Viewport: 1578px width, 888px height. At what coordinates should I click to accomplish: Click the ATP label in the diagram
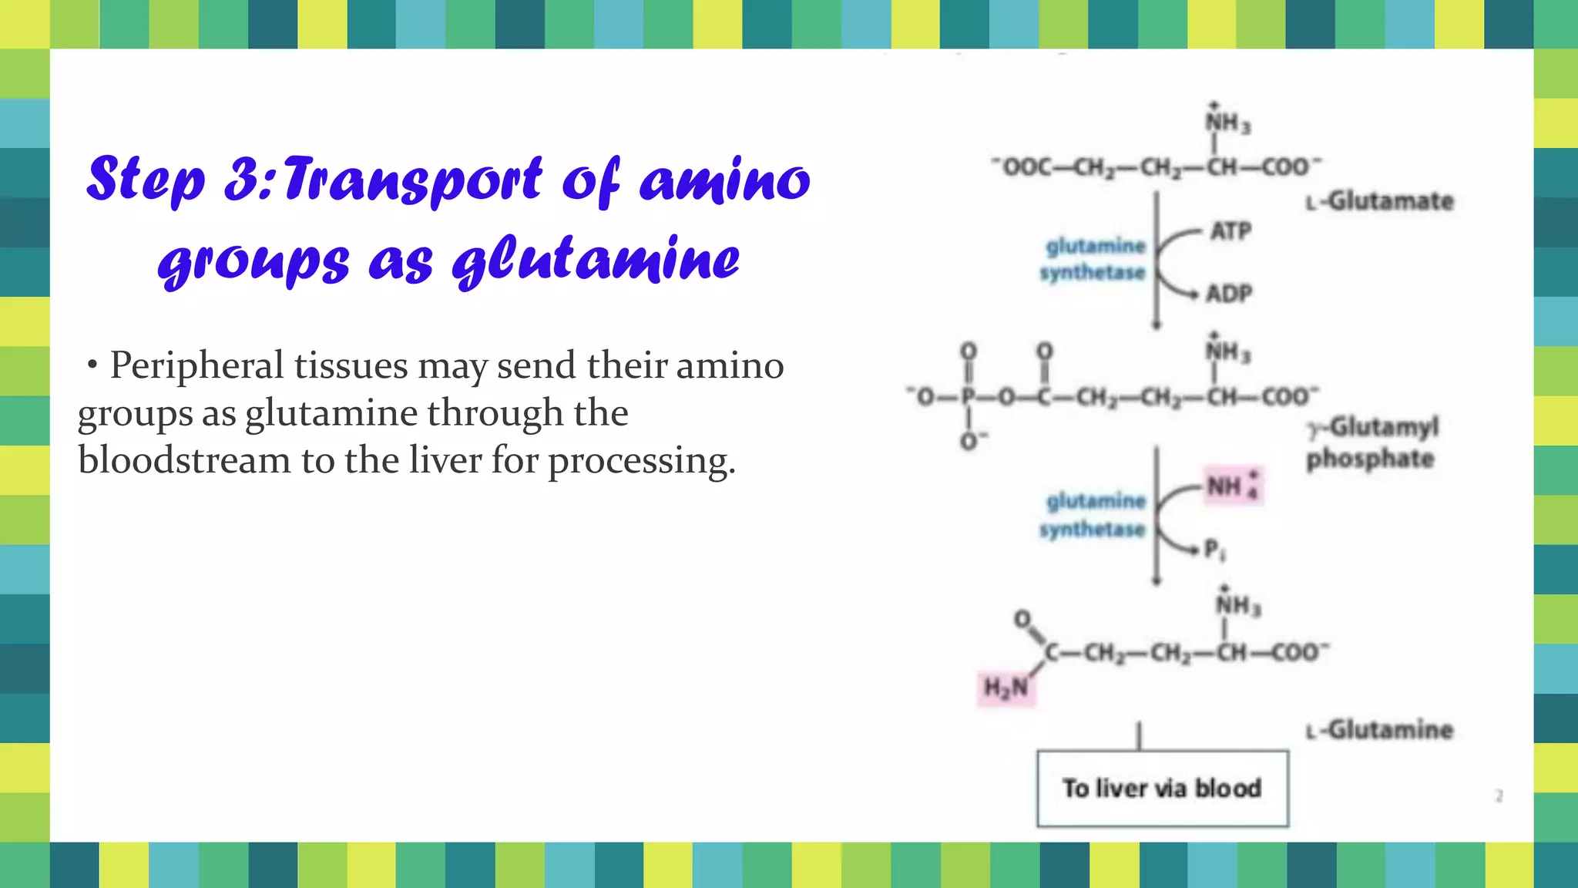(1231, 231)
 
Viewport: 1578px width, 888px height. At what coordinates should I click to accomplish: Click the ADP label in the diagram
(1229, 294)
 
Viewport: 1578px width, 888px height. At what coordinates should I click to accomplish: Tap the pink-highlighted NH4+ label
(1232, 487)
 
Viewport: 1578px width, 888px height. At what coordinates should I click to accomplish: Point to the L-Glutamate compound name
(1380, 201)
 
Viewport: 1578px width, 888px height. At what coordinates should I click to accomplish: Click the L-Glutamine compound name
(1380, 730)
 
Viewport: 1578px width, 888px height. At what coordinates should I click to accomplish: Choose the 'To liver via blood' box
(1162, 789)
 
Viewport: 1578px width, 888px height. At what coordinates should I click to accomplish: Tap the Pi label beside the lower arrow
(1214, 550)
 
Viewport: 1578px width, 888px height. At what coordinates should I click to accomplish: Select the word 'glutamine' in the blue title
(596, 260)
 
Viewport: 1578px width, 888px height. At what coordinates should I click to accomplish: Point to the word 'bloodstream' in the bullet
(184, 461)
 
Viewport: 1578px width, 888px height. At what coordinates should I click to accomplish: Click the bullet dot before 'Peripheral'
(92, 365)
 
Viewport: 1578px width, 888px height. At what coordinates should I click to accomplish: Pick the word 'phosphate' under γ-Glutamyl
(1370, 459)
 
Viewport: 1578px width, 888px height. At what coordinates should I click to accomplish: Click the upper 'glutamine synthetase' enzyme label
(1093, 259)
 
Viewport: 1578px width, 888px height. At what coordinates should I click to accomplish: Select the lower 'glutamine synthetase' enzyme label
(1093, 515)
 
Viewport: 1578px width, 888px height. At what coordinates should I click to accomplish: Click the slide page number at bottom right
(1499, 795)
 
